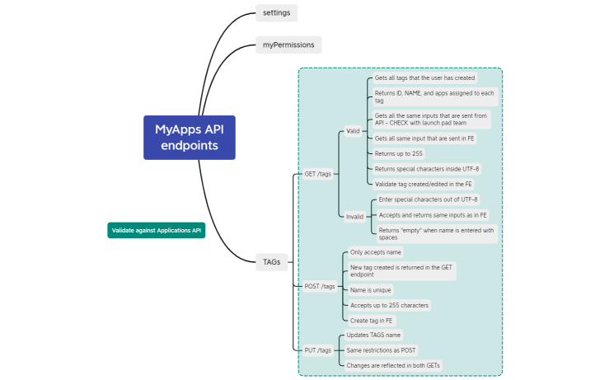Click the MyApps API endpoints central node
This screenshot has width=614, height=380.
[190, 137]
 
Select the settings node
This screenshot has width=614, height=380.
[276, 12]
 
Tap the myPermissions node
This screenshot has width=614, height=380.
[288, 45]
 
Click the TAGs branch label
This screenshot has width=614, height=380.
[271, 261]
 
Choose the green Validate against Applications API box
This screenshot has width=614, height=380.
[156, 230]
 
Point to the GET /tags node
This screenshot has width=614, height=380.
[318, 174]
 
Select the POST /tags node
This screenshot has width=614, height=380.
[320, 286]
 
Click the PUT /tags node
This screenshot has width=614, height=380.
[318, 350]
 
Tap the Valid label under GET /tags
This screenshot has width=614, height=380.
[353, 131]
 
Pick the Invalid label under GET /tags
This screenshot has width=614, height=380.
[354, 217]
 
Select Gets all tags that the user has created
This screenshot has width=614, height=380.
[424, 77]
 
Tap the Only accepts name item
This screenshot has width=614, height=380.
[376, 252]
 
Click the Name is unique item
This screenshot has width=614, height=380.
[371, 289]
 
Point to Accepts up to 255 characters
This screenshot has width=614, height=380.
[389, 305]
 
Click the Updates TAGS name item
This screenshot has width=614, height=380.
[374, 335]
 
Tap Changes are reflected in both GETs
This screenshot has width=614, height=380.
[400, 364]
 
